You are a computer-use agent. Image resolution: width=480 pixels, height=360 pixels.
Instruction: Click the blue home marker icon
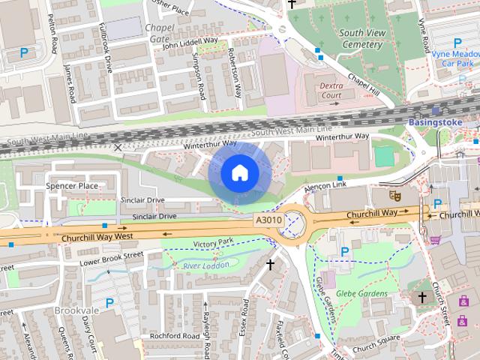coord(239,173)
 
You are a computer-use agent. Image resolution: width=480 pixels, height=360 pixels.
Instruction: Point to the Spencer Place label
coord(72,185)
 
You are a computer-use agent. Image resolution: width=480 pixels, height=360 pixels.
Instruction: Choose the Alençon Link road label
coord(326,184)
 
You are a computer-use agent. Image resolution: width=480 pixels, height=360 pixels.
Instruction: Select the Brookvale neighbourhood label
coord(73,309)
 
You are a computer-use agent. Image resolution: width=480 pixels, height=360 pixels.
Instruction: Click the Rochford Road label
coord(163,335)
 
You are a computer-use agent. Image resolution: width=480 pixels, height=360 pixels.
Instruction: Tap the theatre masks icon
coord(392,195)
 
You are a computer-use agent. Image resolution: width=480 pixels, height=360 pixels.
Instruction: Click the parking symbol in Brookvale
coord(109,303)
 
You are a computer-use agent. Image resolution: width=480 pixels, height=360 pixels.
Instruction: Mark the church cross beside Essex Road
coord(271,264)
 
